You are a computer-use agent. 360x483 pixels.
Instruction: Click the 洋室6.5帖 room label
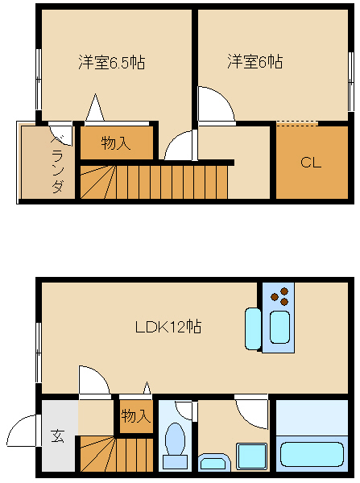[x=112, y=62]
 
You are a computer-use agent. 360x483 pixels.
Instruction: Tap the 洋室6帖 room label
[x=254, y=61]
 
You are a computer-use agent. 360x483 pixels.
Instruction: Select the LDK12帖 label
[x=168, y=327]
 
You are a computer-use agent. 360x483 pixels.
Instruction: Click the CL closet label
[x=311, y=163]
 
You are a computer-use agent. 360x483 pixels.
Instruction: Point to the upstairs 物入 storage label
[x=116, y=143]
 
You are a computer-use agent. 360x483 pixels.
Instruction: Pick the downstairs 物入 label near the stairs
[x=136, y=416]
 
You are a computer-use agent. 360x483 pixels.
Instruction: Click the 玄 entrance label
[x=58, y=436]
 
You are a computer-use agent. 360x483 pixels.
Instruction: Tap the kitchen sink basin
[x=279, y=327]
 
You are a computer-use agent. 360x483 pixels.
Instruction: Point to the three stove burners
[x=280, y=296]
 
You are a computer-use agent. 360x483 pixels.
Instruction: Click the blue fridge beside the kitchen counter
[x=253, y=328]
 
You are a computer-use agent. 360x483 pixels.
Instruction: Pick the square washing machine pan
[x=251, y=456]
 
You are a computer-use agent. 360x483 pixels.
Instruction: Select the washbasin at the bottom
[x=215, y=462]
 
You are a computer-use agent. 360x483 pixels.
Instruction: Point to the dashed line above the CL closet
[x=296, y=123]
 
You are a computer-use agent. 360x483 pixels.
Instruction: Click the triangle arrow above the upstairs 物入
[x=95, y=107]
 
